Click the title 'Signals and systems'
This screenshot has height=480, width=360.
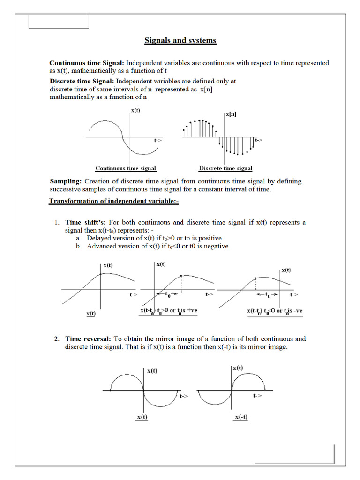[x=180, y=40]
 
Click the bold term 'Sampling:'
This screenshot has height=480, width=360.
[x=66, y=181]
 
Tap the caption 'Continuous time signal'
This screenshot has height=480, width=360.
[x=126, y=168]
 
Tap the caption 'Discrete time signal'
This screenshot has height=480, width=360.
[x=225, y=168]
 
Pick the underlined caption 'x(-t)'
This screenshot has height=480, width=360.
[x=240, y=418]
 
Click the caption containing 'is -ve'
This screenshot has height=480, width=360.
[x=275, y=311]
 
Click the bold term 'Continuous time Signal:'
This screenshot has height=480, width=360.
[x=87, y=63]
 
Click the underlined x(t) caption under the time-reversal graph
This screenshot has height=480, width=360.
[x=142, y=418]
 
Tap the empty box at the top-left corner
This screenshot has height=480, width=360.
[x=59, y=22]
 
